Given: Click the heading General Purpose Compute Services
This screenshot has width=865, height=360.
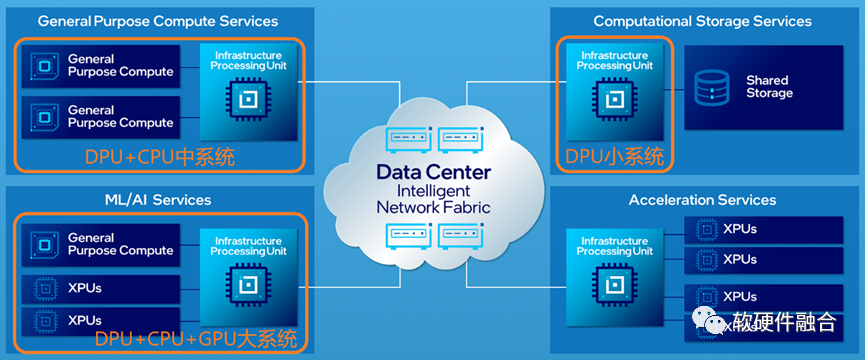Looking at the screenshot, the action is pyautogui.click(x=158, y=22).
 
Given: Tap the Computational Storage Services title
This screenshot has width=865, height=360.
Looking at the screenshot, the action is pyautogui.click(x=702, y=22).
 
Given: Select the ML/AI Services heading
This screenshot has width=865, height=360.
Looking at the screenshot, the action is pyautogui.click(x=158, y=200).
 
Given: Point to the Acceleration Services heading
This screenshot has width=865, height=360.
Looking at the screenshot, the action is pyautogui.click(x=702, y=200).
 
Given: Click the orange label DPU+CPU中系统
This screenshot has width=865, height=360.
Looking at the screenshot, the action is pyautogui.click(x=160, y=158).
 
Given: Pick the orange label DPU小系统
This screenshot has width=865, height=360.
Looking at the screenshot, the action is pyautogui.click(x=615, y=158).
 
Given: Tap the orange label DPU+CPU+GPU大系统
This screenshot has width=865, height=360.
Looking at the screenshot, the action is pyautogui.click(x=196, y=339).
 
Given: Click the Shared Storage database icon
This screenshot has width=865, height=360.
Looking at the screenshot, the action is pyautogui.click(x=712, y=87).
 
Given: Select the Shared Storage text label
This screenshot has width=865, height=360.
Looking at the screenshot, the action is pyautogui.click(x=769, y=87).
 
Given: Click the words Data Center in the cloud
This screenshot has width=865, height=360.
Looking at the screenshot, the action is pyautogui.click(x=433, y=172).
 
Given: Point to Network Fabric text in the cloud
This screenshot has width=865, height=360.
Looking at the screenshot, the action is pyautogui.click(x=433, y=207).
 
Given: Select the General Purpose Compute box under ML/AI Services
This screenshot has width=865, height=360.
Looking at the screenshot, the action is pyautogui.click(x=101, y=245).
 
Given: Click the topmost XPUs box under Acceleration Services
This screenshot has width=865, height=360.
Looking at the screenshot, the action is pyautogui.click(x=763, y=230).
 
